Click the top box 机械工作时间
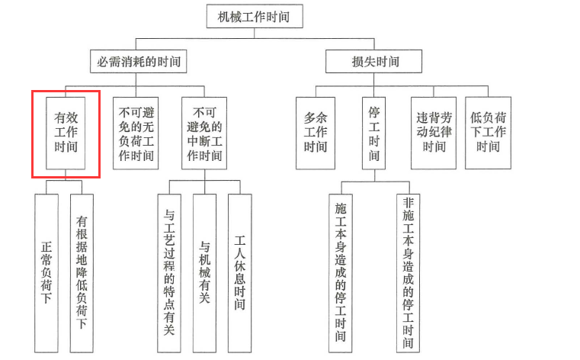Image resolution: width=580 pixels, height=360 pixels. (255, 16)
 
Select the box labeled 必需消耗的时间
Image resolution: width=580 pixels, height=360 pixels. (139, 62)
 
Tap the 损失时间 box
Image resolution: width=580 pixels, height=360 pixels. (373, 62)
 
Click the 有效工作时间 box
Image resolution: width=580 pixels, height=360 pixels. (66, 133)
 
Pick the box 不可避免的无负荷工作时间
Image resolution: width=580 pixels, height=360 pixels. (136, 133)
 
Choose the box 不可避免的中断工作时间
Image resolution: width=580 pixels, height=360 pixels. (204, 133)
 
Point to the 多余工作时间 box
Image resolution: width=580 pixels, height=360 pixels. (316, 133)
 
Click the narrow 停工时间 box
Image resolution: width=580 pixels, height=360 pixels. (373, 133)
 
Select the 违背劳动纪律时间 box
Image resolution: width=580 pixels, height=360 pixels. (434, 133)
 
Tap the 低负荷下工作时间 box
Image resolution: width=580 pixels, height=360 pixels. (488, 133)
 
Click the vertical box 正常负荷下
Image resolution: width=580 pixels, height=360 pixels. (46, 273)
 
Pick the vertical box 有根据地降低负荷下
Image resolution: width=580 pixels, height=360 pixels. (82, 273)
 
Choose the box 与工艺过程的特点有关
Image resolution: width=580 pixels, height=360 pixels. (169, 273)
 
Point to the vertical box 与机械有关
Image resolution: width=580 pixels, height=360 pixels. (204, 273)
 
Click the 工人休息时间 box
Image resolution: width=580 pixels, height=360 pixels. (239, 273)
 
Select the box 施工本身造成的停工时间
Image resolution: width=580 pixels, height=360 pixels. (341, 273)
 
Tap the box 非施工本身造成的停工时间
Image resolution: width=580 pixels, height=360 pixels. (408, 273)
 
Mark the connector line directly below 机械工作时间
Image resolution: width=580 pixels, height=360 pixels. (255, 33)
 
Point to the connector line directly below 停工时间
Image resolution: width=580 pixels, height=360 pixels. (374, 175)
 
